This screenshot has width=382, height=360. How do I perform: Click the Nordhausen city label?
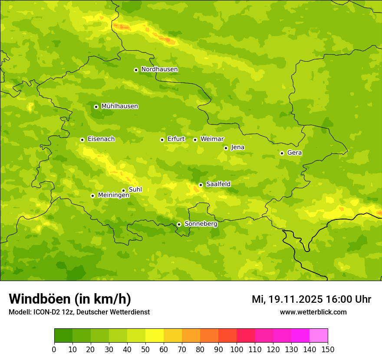pyautogui.click(x=159, y=69)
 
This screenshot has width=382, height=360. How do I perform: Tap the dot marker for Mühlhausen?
pyautogui.click(x=96, y=107)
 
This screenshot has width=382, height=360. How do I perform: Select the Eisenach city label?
pyautogui.click(x=101, y=139)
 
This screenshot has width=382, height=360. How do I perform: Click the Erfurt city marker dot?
pyautogui.click(x=162, y=140)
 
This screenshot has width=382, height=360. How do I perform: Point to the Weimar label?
pyautogui.click(x=212, y=139)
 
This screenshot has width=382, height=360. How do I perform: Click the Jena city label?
pyautogui.click(x=237, y=147)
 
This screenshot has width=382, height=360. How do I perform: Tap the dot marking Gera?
pyautogui.click(x=282, y=153)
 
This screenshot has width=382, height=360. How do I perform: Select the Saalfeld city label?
pyautogui.click(x=218, y=184)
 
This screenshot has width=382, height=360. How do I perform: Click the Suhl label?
pyautogui.click(x=135, y=190)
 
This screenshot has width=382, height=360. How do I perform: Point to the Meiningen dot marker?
pyautogui.click(x=92, y=196)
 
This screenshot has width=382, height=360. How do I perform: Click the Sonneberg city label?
pyautogui.click(x=201, y=224)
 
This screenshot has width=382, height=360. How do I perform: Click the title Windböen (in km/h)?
pyautogui.click(x=70, y=299)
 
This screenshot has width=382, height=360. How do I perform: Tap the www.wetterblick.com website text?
pyautogui.click(x=313, y=312)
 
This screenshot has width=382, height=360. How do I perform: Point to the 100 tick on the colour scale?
pyautogui.click(x=237, y=349)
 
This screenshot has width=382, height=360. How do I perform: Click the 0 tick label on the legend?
pyautogui.click(x=54, y=349)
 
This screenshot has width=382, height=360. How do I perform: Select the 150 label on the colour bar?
pyautogui.click(x=327, y=349)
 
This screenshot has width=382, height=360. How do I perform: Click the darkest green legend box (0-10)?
pyautogui.click(x=63, y=335)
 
